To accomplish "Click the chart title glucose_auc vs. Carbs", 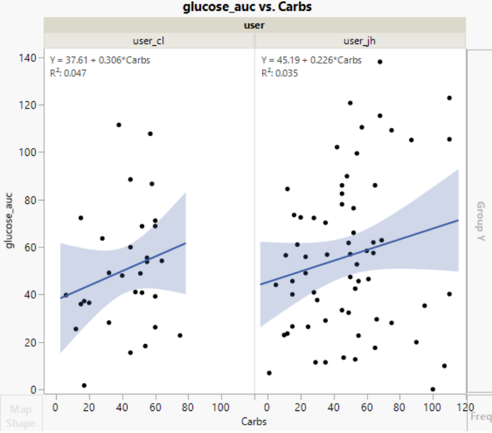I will click(247, 7).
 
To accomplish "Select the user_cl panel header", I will click(149, 40).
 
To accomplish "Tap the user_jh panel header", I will click(360, 40).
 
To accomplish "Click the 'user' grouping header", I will click(254, 26).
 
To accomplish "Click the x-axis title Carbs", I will click(254, 422).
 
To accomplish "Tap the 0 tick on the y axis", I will click(34, 390).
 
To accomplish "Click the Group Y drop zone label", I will click(479, 221).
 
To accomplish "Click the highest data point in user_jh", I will click(380, 62).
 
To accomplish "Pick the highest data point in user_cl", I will click(119, 125).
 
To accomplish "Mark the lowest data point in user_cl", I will click(84, 385).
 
